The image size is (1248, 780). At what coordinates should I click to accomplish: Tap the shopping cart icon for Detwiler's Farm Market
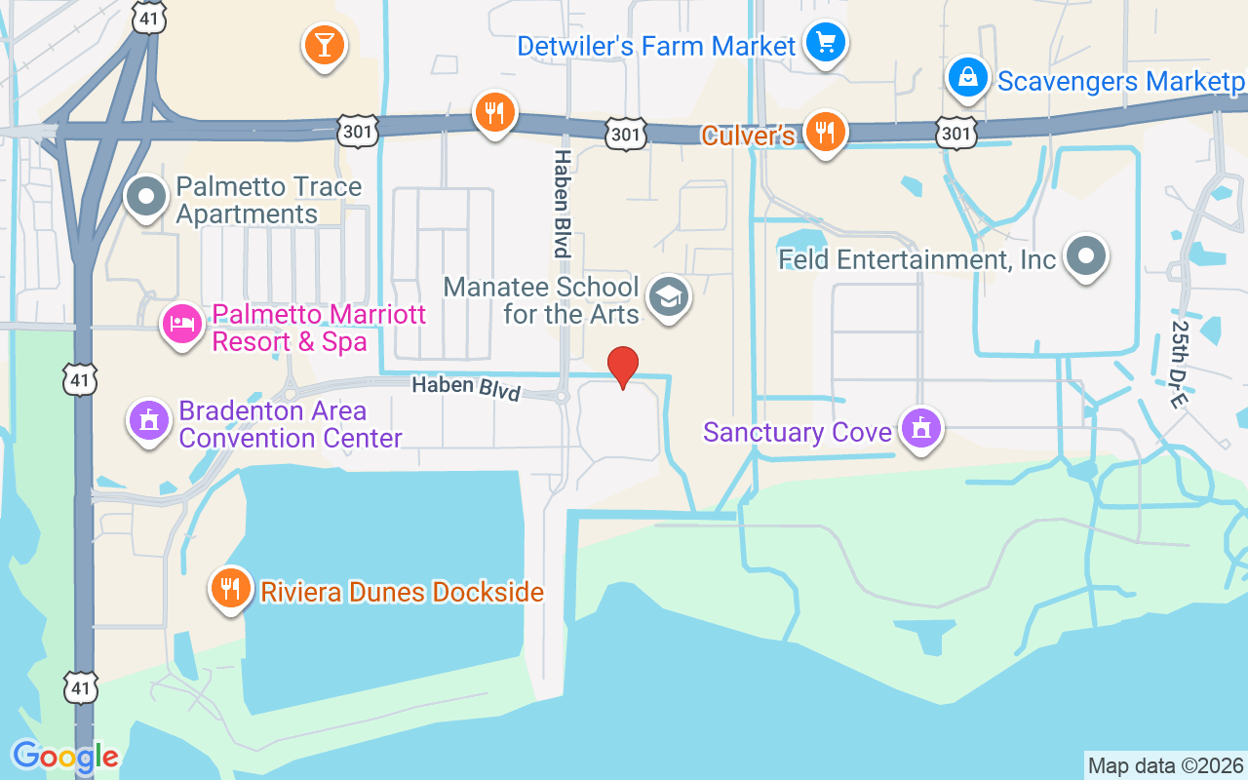827,43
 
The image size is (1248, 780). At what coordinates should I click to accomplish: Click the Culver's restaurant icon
826,132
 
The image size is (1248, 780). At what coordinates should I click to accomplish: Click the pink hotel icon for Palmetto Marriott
182,325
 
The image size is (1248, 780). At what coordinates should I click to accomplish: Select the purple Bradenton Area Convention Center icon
149,421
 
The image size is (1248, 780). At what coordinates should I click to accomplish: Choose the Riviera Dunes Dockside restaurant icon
230,589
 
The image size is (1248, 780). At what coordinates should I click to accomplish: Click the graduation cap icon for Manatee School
670,296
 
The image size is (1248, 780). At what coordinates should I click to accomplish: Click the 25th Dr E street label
1183,364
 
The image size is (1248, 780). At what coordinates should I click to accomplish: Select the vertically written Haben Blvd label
562,203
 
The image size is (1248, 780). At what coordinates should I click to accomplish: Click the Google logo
65,757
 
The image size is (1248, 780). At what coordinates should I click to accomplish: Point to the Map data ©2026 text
1165,765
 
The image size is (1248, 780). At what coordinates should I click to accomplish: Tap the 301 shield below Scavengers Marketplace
956,133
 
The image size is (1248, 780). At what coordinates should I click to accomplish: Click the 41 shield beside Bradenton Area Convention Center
80,379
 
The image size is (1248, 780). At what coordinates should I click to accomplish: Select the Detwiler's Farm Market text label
656,46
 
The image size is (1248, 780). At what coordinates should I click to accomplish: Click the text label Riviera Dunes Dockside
402,591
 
